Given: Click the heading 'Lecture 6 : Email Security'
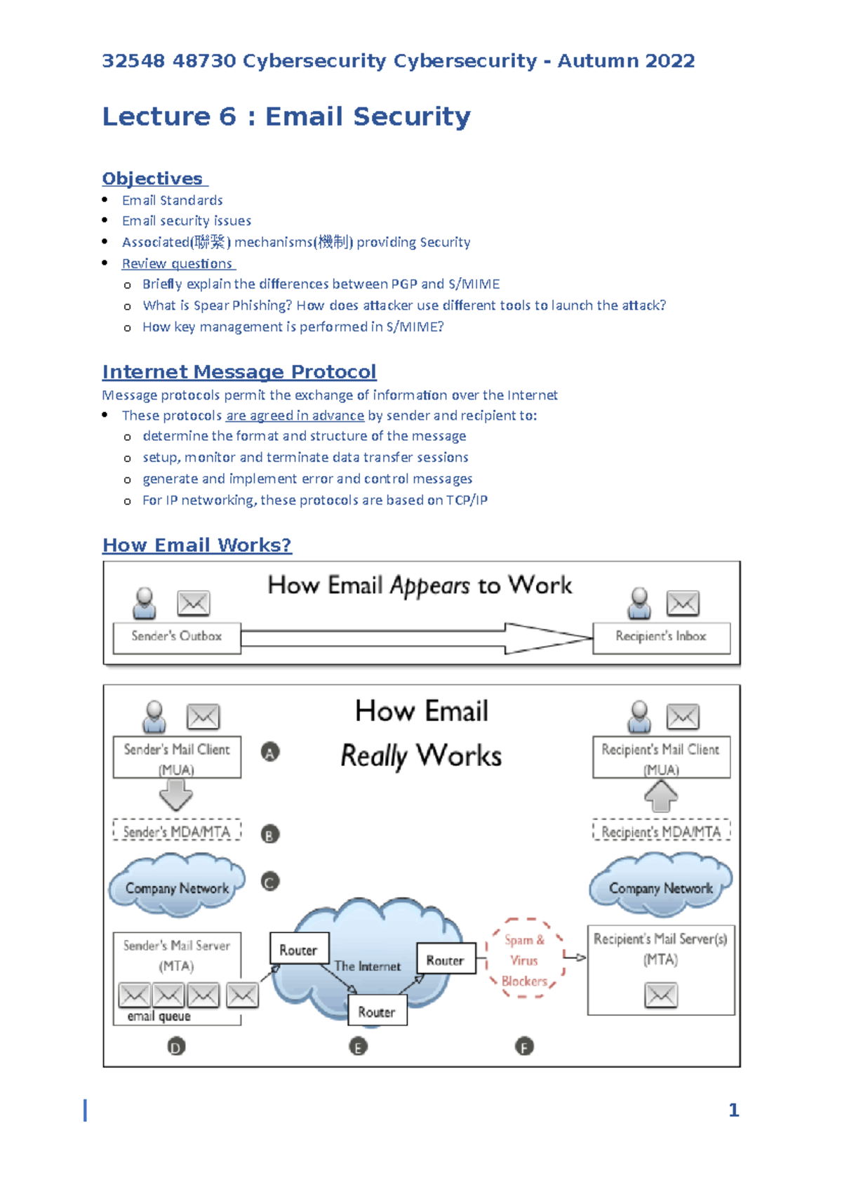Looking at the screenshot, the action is coord(286,117).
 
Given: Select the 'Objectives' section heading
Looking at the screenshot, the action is coord(152,178).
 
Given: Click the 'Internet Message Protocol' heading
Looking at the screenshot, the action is coord(239,371).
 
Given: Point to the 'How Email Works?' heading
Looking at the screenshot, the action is coord(196,545).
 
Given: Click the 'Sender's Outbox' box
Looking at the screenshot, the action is coord(177,637).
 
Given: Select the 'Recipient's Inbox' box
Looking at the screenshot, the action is coord(661,637).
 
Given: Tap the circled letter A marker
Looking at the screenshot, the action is coord(270,752).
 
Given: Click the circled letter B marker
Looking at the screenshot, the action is coord(270,835).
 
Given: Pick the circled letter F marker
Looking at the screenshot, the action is coord(524,1047).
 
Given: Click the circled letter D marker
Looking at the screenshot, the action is coord(176,1047).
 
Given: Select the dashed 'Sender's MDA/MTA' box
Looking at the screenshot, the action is coord(177,831).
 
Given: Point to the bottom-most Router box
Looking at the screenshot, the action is coord(377,1012).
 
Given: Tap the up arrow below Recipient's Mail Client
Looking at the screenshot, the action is coord(661,796).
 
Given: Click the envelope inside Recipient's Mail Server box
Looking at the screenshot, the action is coord(661,995).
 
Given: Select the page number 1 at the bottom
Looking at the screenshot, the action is coord(734,1110).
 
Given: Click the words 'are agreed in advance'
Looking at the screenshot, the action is coord(295,416).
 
